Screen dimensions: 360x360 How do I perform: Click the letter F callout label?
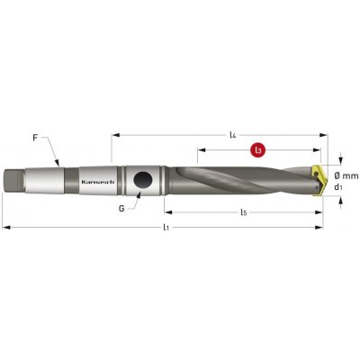tap(35, 139)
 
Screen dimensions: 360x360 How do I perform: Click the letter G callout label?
tap(121, 208)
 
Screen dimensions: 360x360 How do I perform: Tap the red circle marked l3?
tap(258, 150)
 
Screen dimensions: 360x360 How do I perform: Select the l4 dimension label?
tap(233, 135)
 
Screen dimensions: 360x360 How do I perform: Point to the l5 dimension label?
tap(244, 212)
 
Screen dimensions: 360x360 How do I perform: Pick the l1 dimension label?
tap(166, 228)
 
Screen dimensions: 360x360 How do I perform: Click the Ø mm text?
tap(346, 175)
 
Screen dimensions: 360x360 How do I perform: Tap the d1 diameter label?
tap(338, 187)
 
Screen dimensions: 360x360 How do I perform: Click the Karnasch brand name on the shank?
tap(98, 182)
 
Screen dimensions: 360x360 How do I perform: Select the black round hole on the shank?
tap(143, 181)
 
